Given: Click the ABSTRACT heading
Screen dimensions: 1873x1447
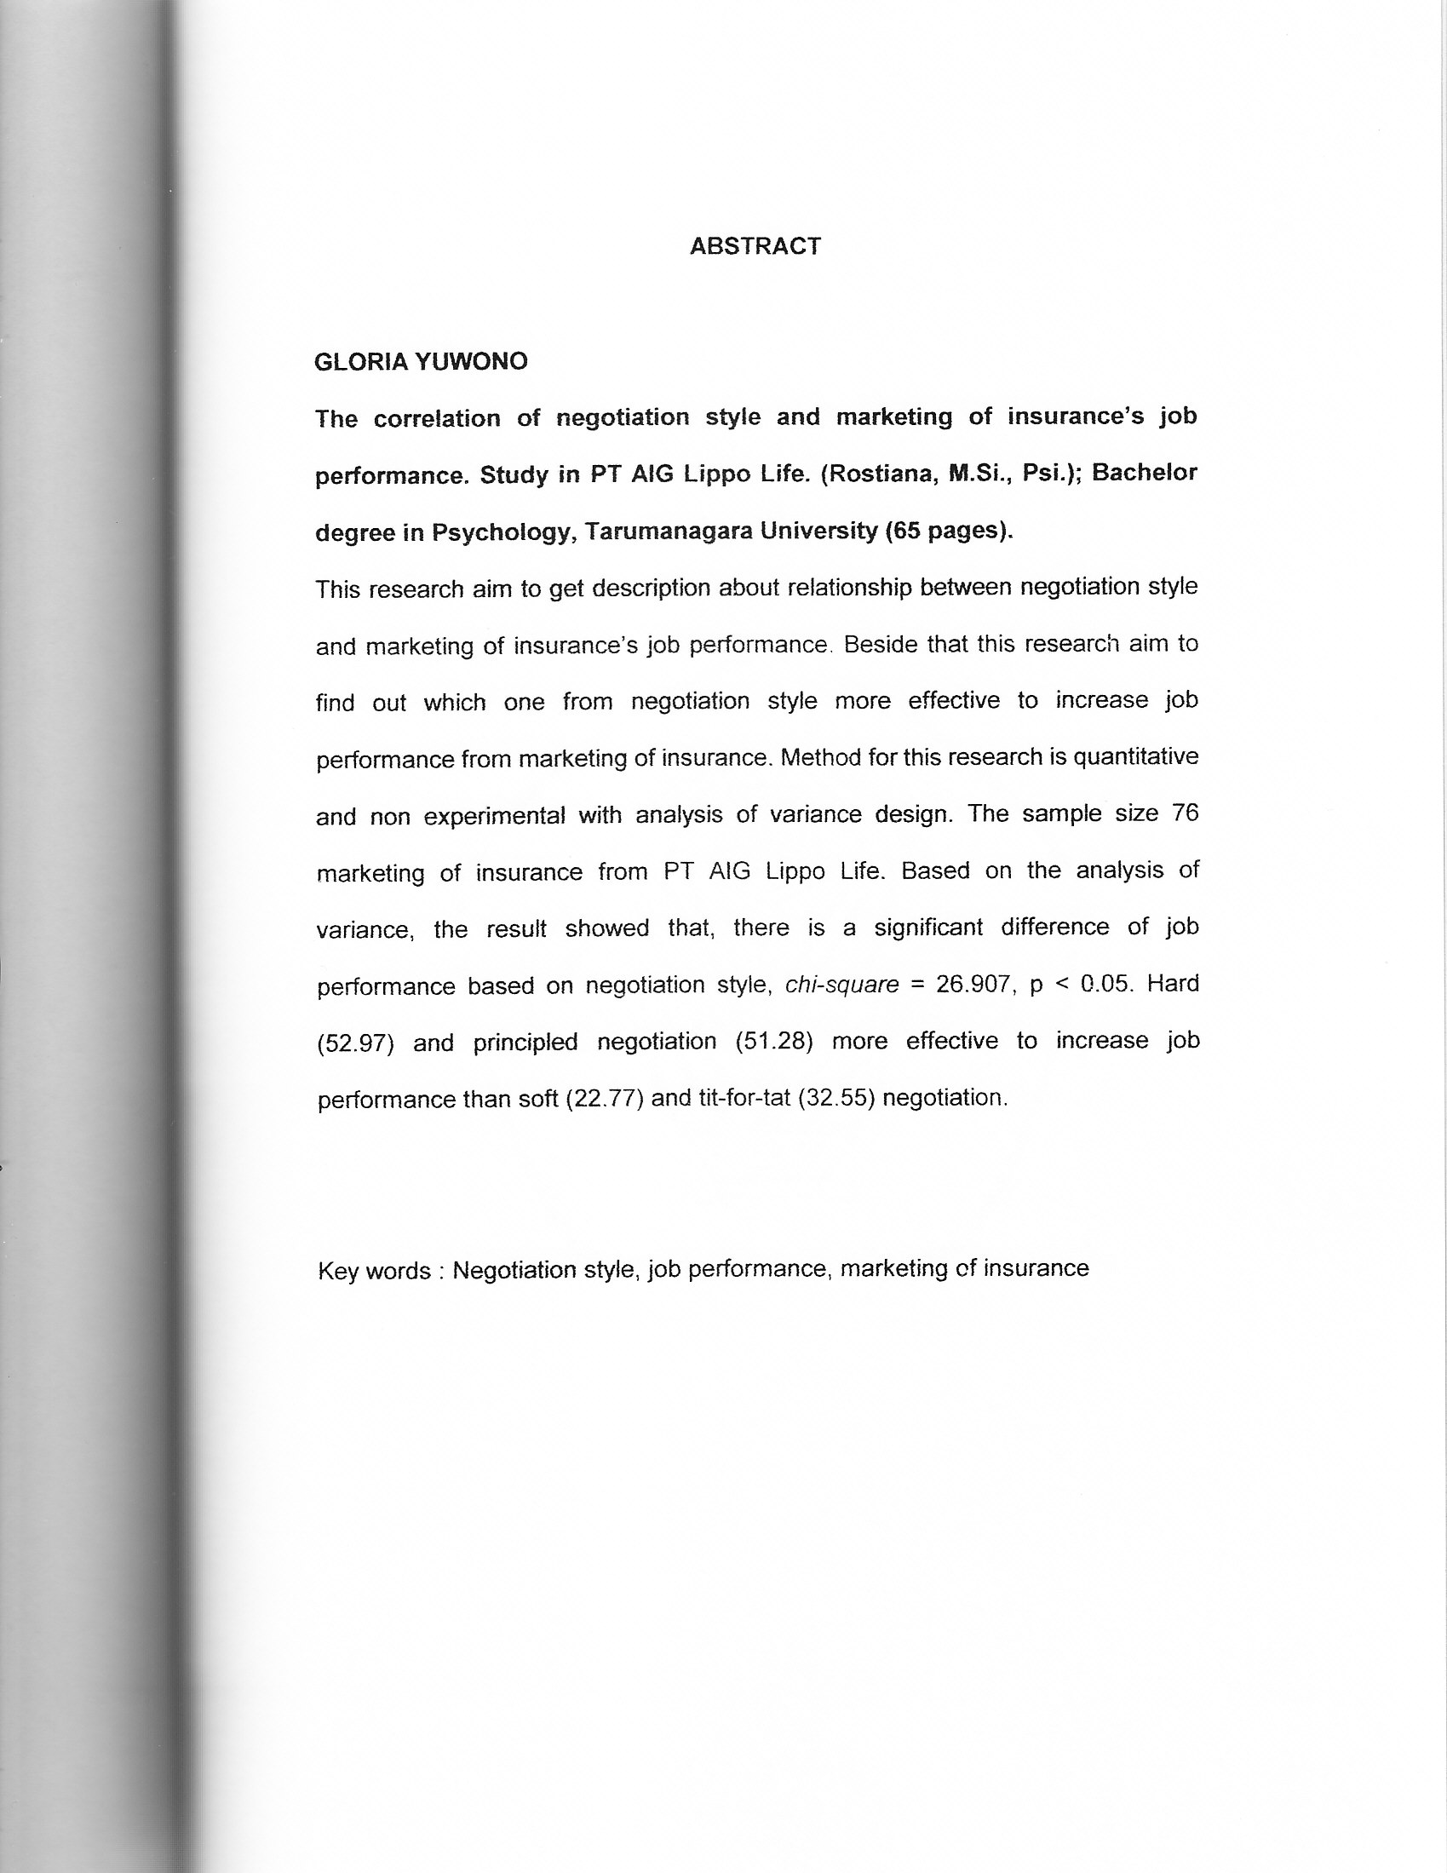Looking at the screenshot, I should pos(755,246).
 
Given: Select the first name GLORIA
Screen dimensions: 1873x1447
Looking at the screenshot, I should pos(361,362).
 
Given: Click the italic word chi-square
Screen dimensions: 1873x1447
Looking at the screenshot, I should pos(841,985).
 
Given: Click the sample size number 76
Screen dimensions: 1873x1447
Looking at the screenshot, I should pos(1184,813).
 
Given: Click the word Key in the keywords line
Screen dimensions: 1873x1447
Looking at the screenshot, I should pos(338,1270).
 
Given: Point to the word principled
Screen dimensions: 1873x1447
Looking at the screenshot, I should pos(525,1042).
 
